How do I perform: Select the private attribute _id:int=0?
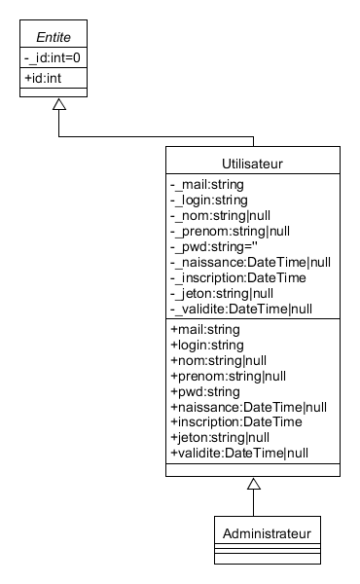[54, 58]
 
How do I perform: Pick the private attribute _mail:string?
[208, 183]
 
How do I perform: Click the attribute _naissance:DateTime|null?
[250, 262]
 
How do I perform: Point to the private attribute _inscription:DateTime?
[238, 277]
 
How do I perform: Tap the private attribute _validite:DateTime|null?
[240, 309]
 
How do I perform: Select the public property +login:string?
[205, 346]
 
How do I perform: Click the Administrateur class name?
[253, 533]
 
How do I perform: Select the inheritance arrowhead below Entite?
[59, 104]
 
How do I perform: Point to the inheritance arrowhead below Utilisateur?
[253, 484]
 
